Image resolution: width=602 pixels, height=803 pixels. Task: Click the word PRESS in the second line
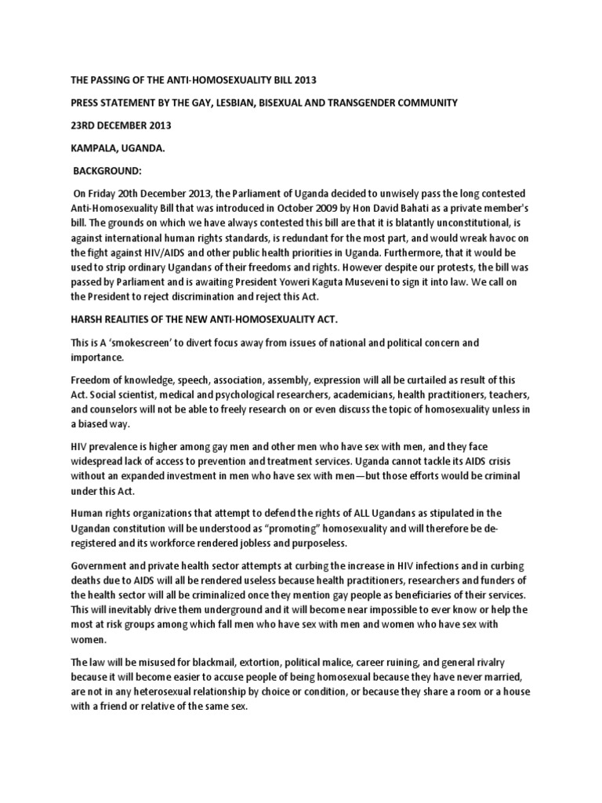(x=86, y=103)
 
